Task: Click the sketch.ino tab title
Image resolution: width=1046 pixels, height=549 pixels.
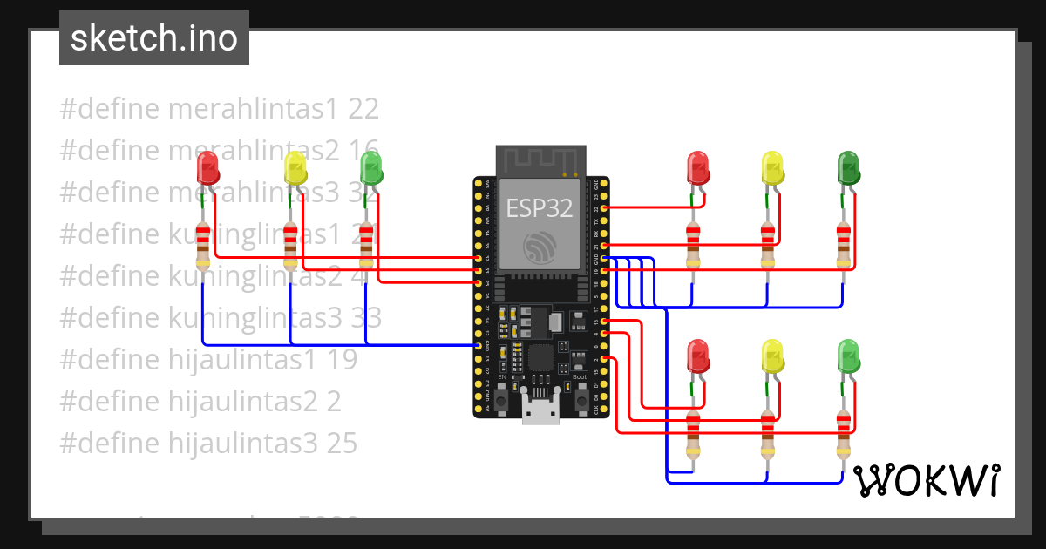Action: coord(154,38)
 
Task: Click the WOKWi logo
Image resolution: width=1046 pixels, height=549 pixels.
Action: coord(925,480)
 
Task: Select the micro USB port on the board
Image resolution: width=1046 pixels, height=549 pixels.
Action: coord(540,409)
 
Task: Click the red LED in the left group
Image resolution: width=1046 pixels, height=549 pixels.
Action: coord(207,168)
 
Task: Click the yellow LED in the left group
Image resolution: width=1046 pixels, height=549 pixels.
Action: coord(295,168)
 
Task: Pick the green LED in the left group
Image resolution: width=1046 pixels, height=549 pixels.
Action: coord(370,168)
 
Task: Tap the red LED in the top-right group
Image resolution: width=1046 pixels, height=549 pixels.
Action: coord(698,167)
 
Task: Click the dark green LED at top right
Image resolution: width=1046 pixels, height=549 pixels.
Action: coord(848,167)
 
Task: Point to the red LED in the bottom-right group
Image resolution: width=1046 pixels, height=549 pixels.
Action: coord(698,356)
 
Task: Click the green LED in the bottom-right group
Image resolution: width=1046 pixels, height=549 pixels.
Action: coord(848,356)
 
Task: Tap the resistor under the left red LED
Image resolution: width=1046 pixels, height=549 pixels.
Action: coord(203,247)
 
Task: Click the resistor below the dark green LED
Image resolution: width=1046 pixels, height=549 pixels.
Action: coord(843,247)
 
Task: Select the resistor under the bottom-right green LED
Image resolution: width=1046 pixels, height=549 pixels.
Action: coord(843,434)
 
